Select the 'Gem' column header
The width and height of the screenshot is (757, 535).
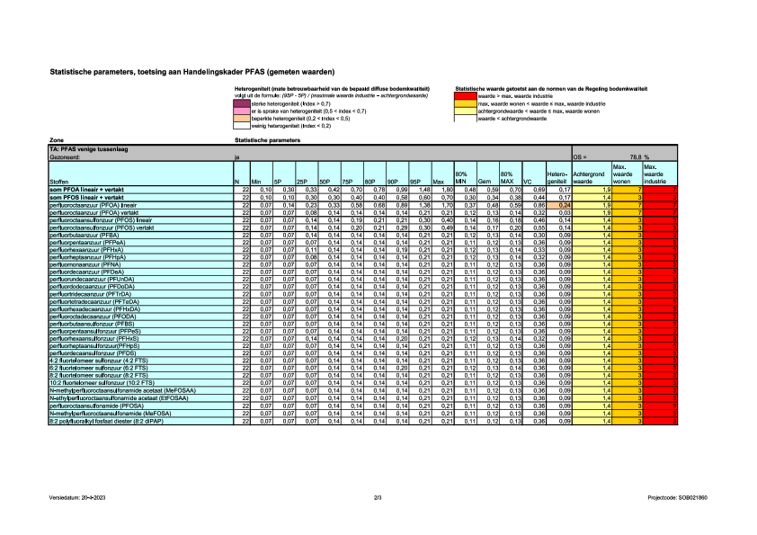(x=484, y=181)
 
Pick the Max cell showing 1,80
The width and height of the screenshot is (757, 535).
(x=440, y=190)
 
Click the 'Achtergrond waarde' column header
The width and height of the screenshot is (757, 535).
(x=590, y=177)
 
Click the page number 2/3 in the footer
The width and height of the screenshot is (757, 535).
(x=378, y=497)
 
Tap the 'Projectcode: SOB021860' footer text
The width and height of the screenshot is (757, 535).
(x=683, y=497)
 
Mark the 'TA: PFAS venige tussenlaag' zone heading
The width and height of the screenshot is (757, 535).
(x=90, y=149)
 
